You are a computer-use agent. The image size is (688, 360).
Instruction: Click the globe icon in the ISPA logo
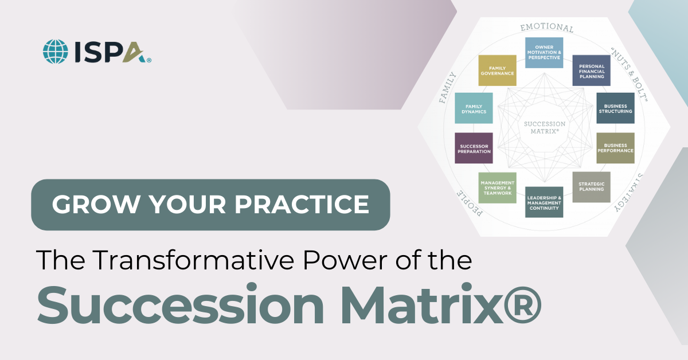click(55, 51)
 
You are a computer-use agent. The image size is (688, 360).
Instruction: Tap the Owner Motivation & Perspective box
click(544, 53)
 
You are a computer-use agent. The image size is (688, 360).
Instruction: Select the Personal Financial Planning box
click(591, 71)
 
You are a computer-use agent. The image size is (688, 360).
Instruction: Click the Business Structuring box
click(615, 108)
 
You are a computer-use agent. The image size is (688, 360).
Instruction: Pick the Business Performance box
click(615, 148)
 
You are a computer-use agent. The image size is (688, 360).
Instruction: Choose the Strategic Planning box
click(591, 187)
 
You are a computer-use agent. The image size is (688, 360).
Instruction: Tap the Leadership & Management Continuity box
click(544, 202)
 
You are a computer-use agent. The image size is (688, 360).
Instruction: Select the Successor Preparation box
click(474, 148)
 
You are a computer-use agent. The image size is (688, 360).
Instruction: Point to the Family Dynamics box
click(474, 108)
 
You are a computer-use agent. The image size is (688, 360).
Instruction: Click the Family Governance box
click(497, 71)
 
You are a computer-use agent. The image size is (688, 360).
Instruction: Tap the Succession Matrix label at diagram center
click(545, 127)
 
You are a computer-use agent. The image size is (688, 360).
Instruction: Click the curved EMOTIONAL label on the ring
click(546, 27)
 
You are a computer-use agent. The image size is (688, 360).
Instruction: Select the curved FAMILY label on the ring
click(447, 87)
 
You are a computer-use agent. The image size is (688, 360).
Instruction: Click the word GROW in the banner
click(84, 205)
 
